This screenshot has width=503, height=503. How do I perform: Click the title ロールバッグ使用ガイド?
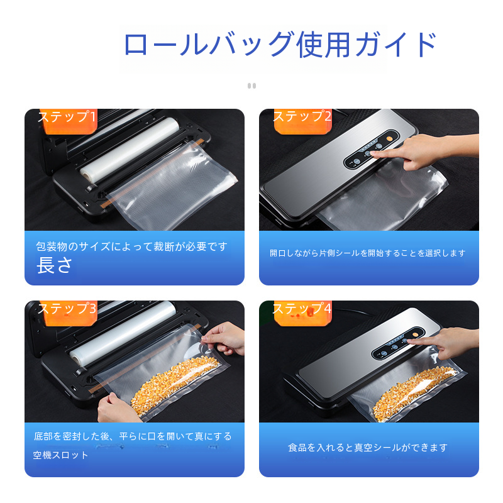[280, 44]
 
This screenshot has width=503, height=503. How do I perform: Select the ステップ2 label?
[302, 116]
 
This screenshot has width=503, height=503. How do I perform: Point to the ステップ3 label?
[67, 308]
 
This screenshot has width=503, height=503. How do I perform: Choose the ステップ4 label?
[302, 308]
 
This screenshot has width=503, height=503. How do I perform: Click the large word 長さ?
[54, 265]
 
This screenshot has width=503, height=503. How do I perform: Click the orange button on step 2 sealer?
[389, 138]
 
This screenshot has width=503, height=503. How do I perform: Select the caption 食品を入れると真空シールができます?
[368, 447]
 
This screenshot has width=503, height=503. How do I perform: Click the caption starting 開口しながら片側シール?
[367, 253]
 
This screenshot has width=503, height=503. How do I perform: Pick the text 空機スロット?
[60, 455]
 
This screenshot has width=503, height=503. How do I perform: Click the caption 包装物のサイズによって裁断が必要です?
[132, 246]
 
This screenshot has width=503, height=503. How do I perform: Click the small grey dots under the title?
[252, 86]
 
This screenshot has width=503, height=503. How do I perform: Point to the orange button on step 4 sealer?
[415, 334]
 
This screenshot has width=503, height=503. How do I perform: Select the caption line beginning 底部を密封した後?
[133, 436]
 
